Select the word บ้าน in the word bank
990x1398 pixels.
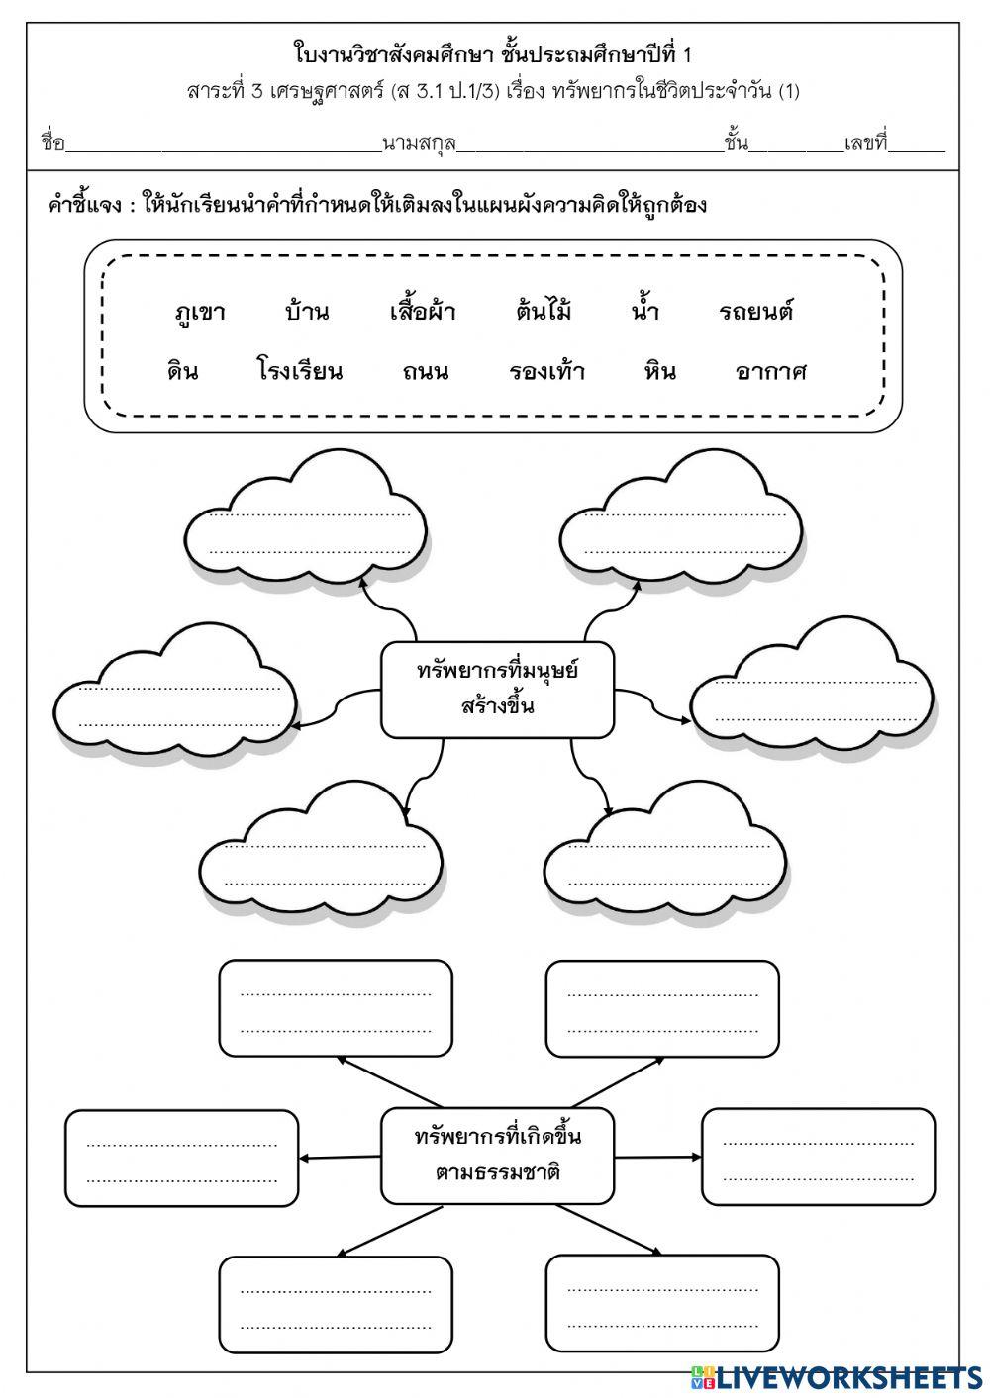pos(306,313)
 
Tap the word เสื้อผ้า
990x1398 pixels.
pos(423,313)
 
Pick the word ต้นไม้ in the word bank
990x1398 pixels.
pos(544,313)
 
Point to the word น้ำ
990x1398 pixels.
pos(645,313)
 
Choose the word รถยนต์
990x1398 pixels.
pos(756,313)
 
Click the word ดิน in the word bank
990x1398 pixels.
pos(182,372)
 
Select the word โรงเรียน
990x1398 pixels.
pos(300,372)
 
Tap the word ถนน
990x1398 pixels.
pos(426,372)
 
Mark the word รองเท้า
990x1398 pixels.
pos(547,372)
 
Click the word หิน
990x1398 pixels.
pos(659,372)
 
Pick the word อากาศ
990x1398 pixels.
pos(771,372)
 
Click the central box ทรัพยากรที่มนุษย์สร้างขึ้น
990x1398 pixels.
pos(497,690)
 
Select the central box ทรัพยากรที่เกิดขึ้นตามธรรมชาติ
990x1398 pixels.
pos(497,1155)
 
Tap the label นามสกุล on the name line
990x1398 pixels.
pos(419,144)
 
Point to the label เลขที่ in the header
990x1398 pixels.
pos(865,144)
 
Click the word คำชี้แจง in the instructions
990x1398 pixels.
pos(84,206)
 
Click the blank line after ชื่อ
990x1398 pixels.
pos(223,146)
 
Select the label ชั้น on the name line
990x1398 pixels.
pos(736,144)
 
